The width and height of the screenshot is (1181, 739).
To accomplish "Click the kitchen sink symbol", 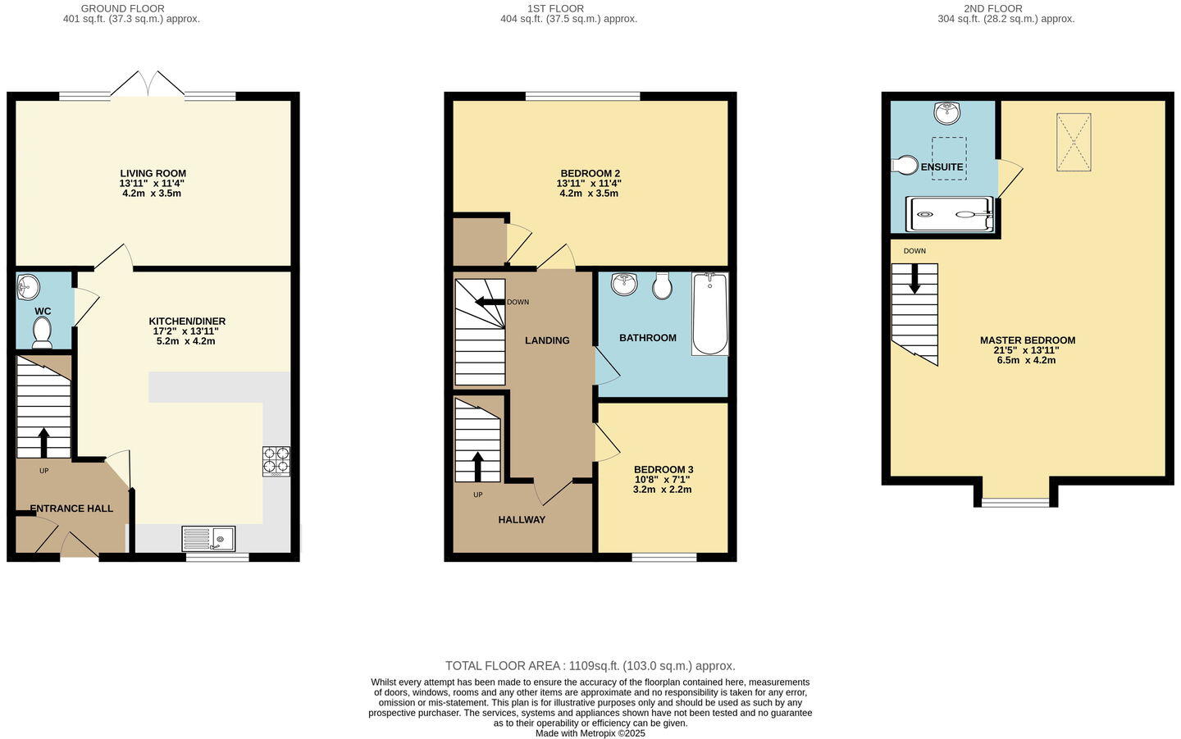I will click(x=208, y=539).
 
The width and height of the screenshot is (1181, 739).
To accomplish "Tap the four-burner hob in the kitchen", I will click(x=276, y=461).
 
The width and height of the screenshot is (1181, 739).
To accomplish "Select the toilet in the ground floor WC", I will click(x=42, y=332).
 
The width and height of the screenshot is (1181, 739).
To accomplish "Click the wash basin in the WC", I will click(x=28, y=287).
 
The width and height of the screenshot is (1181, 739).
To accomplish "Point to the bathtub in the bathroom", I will click(x=709, y=314).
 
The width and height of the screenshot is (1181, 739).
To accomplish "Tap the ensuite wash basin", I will click(x=947, y=112).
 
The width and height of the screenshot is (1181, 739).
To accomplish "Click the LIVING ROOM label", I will click(x=153, y=174).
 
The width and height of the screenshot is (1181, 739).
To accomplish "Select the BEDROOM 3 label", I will click(x=663, y=470).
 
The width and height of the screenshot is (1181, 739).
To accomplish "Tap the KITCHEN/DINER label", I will click(x=187, y=322).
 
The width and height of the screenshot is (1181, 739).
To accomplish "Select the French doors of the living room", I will click(x=148, y=85).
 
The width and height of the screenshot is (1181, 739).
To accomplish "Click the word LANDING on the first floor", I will click(x=547, y=340).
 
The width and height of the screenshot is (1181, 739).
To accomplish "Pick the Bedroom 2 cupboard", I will click(x=479, y=241).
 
